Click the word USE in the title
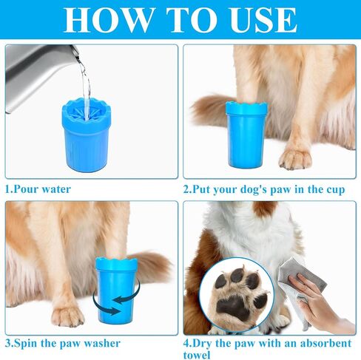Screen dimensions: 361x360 coord(263,20)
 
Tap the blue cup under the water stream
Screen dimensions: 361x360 coord(87,135)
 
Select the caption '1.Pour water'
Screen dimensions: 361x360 coord(38,189)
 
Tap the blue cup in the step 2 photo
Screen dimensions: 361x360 coord(246,135)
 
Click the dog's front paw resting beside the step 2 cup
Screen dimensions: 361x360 coord(295,159)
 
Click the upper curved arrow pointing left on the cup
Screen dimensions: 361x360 coord(126,293)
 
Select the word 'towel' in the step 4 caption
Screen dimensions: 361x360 coord(197,355)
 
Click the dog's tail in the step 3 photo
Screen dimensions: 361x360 coord(153,266)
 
